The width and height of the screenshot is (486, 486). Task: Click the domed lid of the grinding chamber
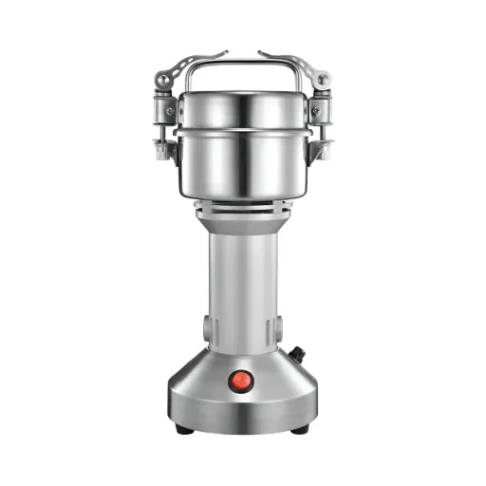[243, 107]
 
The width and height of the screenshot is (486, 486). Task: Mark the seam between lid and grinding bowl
[243, 129]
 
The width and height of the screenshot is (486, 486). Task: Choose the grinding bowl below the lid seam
[243, 161]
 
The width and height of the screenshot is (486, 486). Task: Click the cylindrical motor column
[243, 285]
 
